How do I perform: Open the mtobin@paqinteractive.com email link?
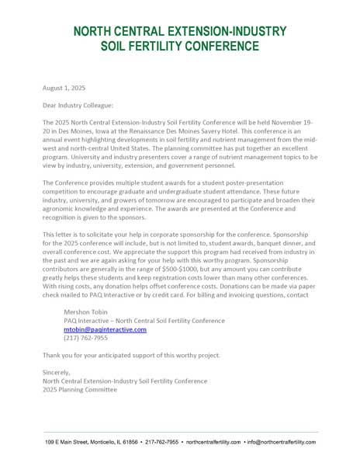[x=105, y=329]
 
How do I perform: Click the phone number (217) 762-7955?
[x=85, y=339]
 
